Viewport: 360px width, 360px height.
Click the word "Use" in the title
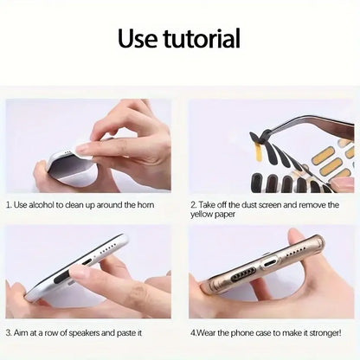click(x=139, y=39)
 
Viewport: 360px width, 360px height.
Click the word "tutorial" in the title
click(x=202, y=39)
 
